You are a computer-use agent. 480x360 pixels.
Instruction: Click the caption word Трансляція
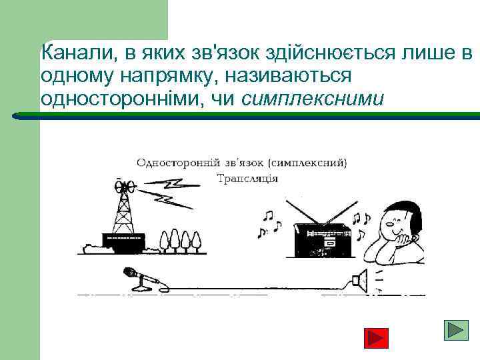[247, 178]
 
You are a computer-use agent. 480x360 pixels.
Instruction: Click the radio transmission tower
[123, 207]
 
